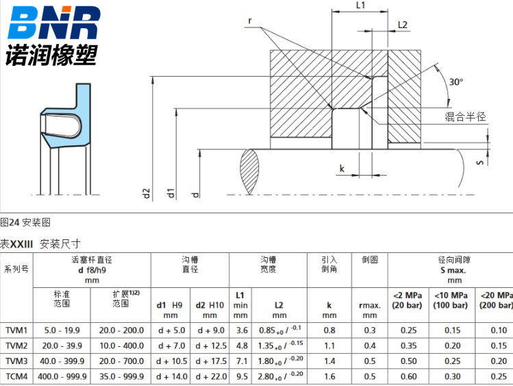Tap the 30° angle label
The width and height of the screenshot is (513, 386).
[455, 82]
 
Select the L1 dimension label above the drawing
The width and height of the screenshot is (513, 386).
[360, 5]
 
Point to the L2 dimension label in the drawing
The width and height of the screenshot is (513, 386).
[403, 25]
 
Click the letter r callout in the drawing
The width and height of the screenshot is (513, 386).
[250, 21]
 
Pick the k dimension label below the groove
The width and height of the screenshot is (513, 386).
[342, 169]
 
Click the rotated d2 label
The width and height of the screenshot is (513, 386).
[147, 193]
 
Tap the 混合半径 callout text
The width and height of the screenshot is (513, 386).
[465, 117]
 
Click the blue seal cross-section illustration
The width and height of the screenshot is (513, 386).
[66, 117]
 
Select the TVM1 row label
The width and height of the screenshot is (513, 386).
[16, 330]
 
